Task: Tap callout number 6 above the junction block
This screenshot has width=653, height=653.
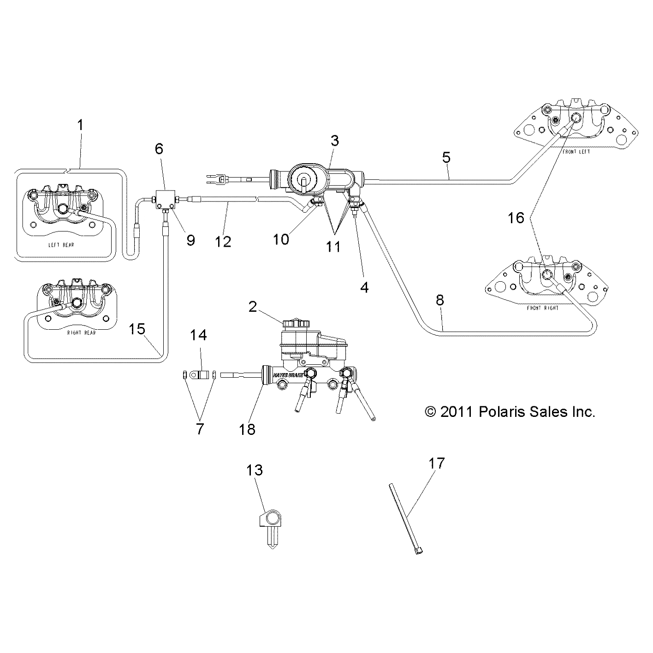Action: click(159, 148)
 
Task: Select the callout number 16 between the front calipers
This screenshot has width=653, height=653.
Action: click(516, 218)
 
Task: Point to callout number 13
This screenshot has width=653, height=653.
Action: click(255, 470)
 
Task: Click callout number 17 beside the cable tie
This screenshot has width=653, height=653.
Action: click(436, 463)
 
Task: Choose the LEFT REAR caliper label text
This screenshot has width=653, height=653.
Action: click(61, 245)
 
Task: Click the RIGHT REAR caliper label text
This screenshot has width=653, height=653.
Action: click(81, 332)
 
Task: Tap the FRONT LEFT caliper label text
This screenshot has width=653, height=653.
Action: click(576, 151)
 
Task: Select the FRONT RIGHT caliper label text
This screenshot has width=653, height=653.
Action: click(542, 308)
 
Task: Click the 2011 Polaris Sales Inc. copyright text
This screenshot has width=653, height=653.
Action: click(510, 411)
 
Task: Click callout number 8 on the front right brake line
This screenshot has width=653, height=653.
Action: click(439, 300)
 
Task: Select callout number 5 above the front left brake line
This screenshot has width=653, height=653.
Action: click(446, 157)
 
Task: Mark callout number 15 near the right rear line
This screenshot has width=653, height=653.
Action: click(137, 329)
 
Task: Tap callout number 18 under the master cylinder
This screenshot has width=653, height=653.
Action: click(248, 429)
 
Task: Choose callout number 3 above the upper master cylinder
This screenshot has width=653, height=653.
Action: click(334, 141)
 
